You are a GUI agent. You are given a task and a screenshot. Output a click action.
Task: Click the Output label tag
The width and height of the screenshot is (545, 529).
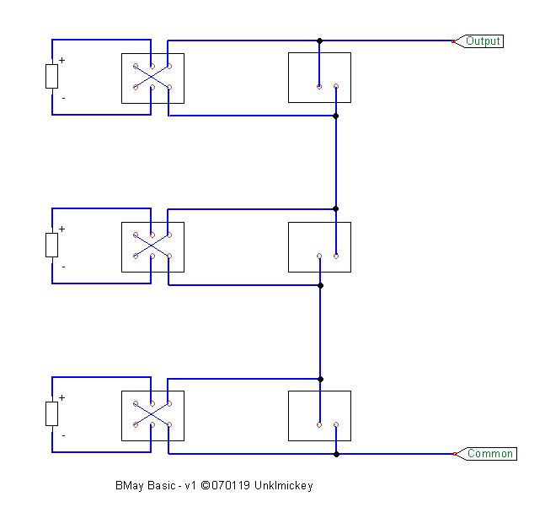[x=479, y=41]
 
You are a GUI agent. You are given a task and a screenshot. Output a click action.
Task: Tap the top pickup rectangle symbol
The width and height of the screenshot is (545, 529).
[x=51, y=76]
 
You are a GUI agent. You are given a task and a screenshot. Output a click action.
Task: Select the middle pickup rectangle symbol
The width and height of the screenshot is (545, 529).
[x=51, y=245]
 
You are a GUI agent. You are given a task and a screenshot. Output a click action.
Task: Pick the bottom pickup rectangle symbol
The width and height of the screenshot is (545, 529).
[x=51, y=413]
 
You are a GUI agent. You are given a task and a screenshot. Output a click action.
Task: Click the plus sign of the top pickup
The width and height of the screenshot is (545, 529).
[x=61, y=60]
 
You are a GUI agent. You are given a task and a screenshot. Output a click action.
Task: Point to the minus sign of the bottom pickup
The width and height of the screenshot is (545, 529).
[x=63, y=435]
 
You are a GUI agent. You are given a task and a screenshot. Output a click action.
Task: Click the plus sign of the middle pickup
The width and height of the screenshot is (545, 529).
[x=61, y=229]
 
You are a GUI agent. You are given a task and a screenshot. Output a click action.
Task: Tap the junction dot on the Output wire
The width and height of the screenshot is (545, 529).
[x=320, y=40]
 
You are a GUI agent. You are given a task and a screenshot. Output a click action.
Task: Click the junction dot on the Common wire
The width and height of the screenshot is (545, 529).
[x=336, y=454]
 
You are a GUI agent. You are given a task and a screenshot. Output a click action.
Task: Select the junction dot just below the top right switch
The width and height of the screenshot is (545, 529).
[x=335, y=116]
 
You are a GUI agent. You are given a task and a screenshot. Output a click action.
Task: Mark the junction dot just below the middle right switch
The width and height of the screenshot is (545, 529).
[x=320, y=285]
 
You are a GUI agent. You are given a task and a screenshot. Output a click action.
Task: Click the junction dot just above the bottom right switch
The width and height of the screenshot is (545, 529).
[x=320, y=379]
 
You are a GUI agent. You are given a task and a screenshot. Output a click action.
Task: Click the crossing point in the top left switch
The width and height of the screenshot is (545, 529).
[x=152, y=77]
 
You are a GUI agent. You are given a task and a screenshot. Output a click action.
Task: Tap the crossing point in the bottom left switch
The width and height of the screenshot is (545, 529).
[x=152, y=414]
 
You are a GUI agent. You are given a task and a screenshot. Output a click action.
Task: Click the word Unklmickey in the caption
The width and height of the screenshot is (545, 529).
[x=284, y=485]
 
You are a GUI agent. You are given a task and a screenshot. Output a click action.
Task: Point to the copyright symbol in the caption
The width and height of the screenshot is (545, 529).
[x=206, y=485]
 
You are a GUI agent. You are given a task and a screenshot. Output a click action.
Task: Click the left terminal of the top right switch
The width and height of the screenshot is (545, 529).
[x=319, y=87]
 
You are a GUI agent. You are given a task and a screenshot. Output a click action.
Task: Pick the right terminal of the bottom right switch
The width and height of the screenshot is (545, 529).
[x=336, y=424]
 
